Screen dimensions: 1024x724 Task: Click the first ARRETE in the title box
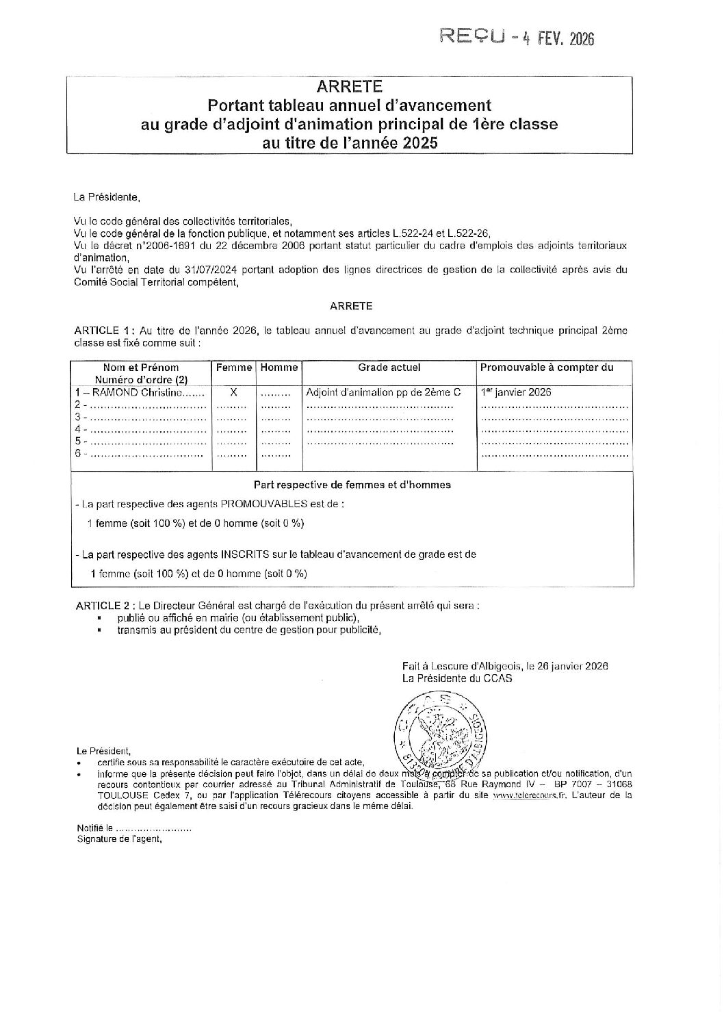coord(349,87)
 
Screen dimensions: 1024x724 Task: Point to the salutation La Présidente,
coord(106,197)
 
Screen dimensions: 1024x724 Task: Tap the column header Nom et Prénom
coord(141,368)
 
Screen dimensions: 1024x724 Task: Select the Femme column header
coord(234,368)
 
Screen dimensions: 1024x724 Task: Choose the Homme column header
coord(279,368)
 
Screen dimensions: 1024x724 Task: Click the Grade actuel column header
coord(389,368)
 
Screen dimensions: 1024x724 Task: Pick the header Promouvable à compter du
coord(547,368)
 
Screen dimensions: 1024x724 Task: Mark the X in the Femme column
coord(233,392)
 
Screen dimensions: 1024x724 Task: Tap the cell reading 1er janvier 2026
coord(516,392)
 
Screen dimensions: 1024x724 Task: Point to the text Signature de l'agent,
coord(120,839)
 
